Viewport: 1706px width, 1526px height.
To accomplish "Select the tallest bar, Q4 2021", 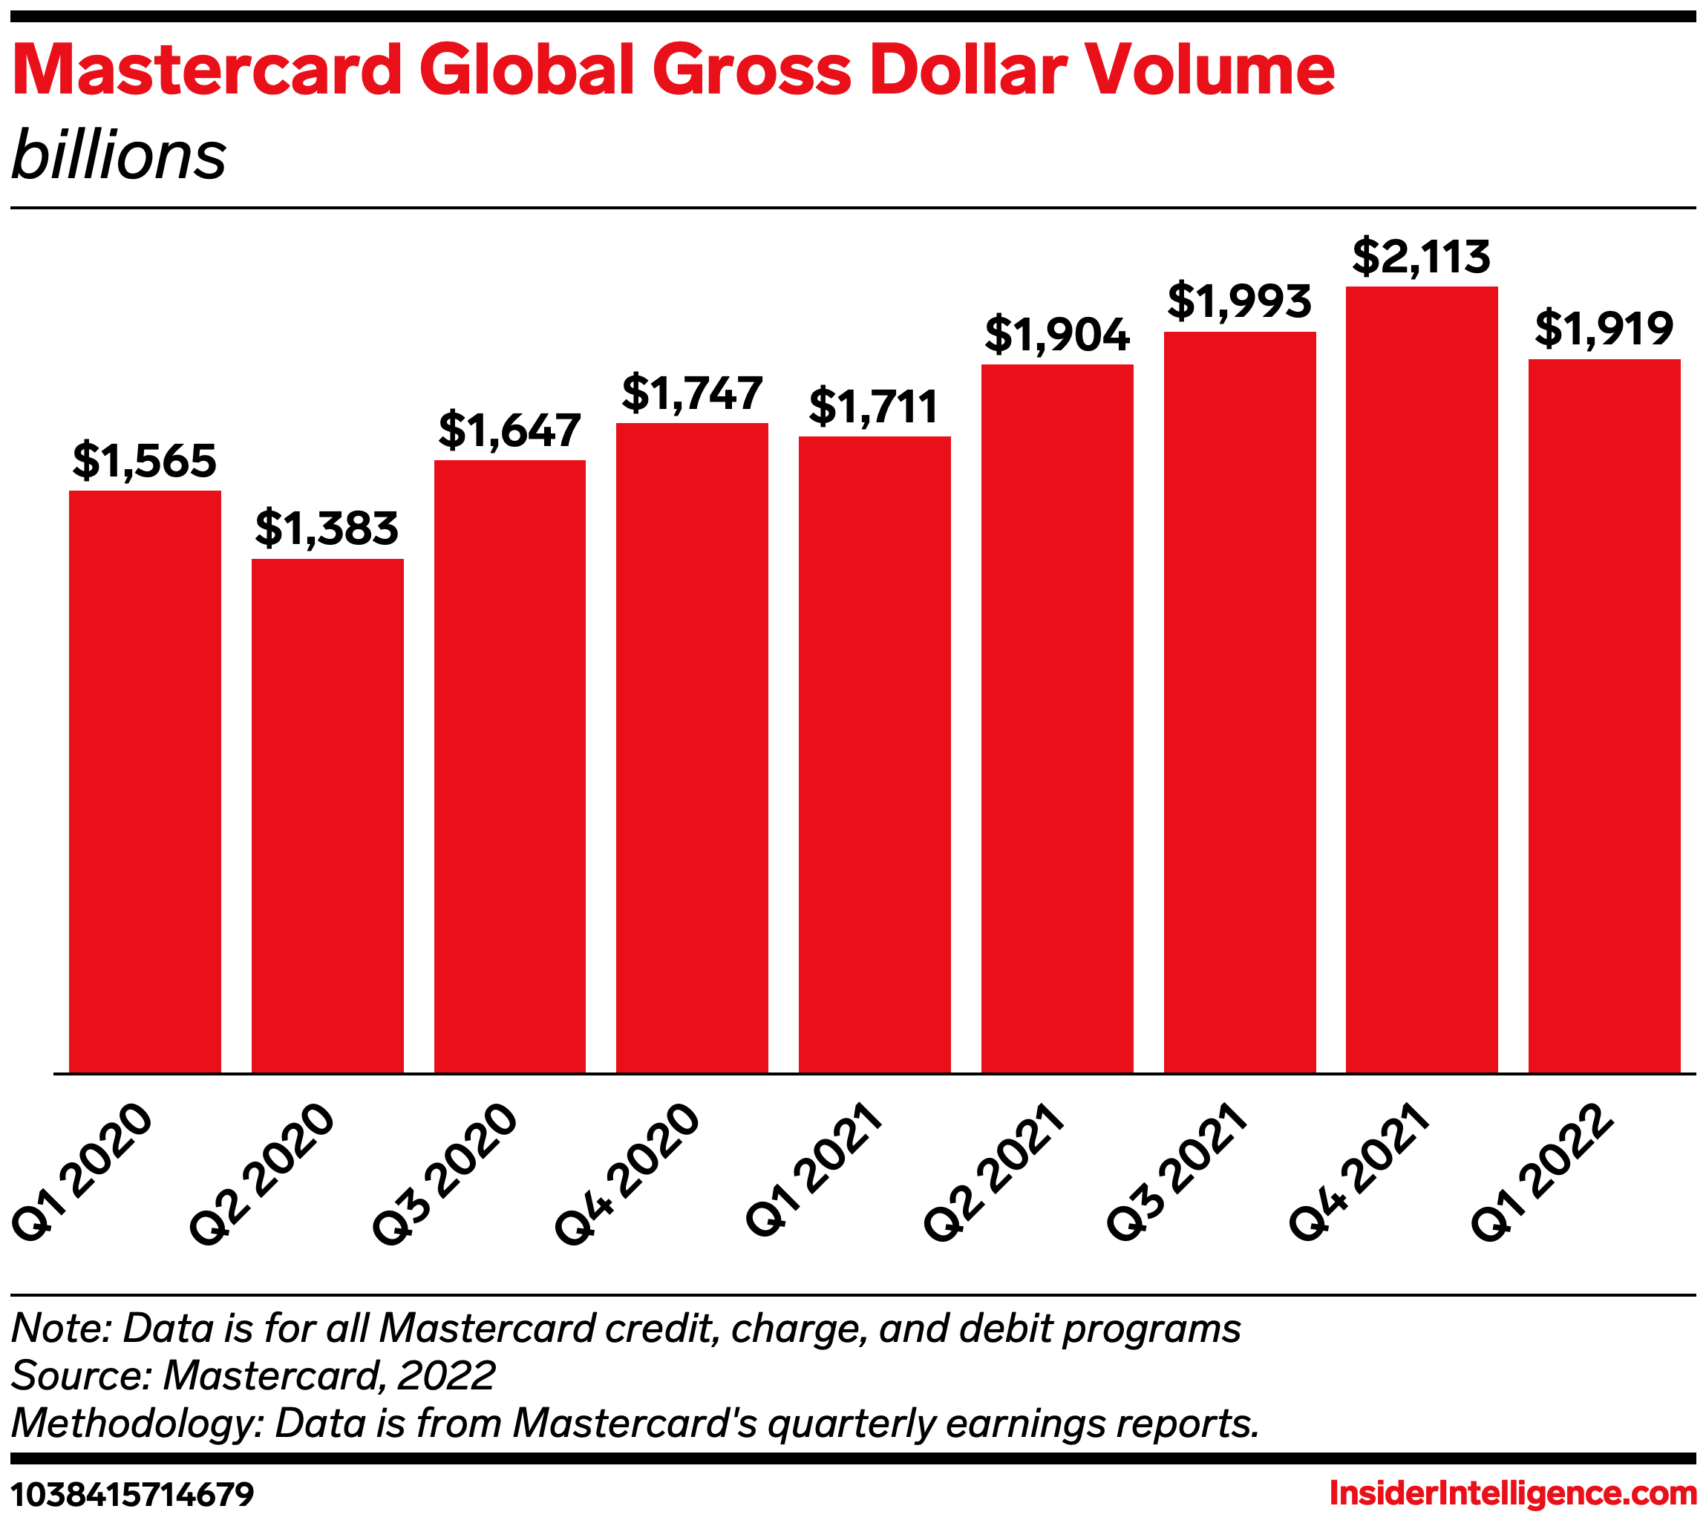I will click(1422, 680).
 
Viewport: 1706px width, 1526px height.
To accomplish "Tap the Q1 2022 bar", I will click(1604, 716).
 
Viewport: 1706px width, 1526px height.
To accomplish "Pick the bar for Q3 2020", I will click(510, 767).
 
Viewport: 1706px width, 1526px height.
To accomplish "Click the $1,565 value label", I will click(144, 461).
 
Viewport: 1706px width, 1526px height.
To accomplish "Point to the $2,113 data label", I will click(1422, 258).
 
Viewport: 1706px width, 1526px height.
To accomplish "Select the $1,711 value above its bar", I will click(874, 407).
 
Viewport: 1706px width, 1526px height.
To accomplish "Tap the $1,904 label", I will click(1057, 335).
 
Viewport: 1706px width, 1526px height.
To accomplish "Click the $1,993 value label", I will click(1239, 302).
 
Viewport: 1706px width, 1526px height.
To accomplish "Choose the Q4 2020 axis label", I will click(627, 1176).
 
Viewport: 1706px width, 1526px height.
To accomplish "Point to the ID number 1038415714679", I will click(133, 1494).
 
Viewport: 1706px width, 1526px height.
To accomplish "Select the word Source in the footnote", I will click(79, 1376).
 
